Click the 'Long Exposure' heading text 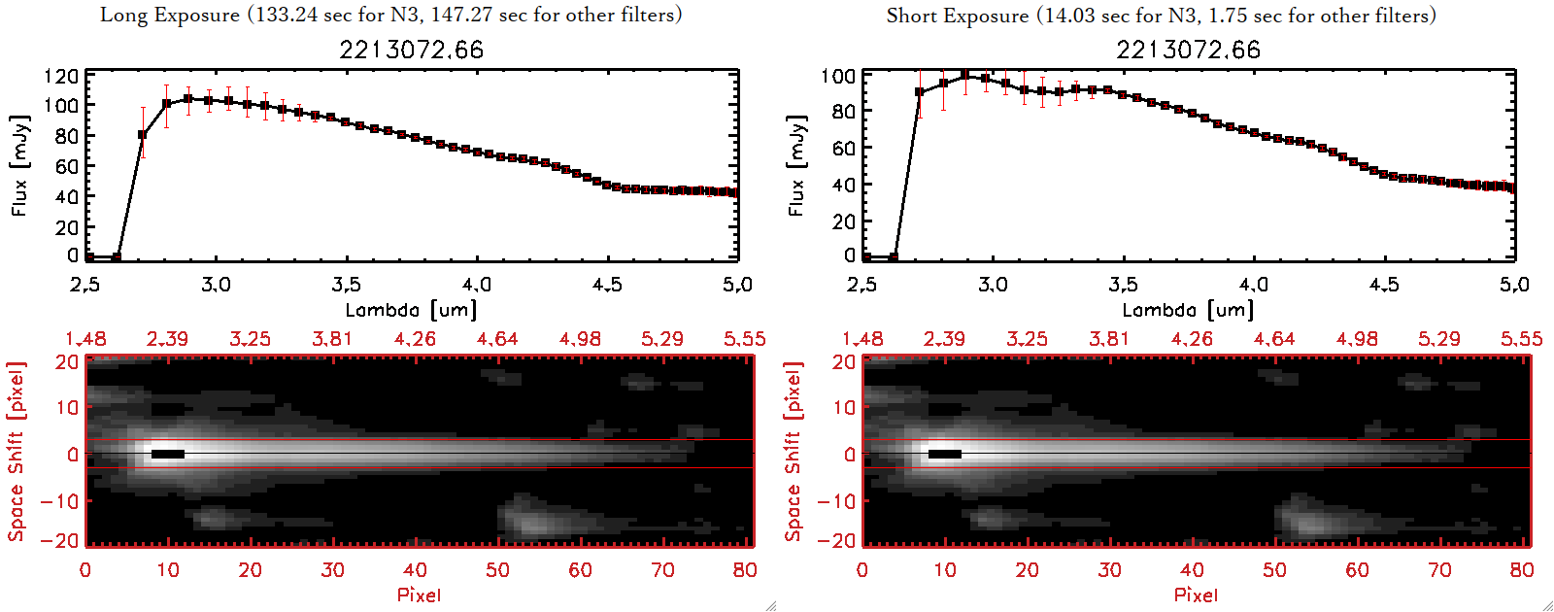tap(170, 15)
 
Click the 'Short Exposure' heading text tap(957, 16)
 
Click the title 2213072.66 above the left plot tap(411, 50)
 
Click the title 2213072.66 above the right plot tap(1188, 50)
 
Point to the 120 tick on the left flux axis tap(61, 76)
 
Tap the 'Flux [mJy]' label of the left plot tap(20, 165)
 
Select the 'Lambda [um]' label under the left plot tap(411, 310)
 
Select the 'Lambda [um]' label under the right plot tap(1188, 310)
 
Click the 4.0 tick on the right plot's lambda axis tap(1254, 285)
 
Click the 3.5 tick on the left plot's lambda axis tap(346, 285)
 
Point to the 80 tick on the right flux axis tap(843, 112)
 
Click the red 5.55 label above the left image tap(744, 339)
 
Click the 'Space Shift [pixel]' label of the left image tap(17, 452)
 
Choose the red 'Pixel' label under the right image tap(1196, 595)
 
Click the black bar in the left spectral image tap(168, 454)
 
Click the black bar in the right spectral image tap(945, 454)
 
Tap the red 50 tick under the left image tap(497, 570)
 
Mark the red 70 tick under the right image tap(1439, 570)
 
